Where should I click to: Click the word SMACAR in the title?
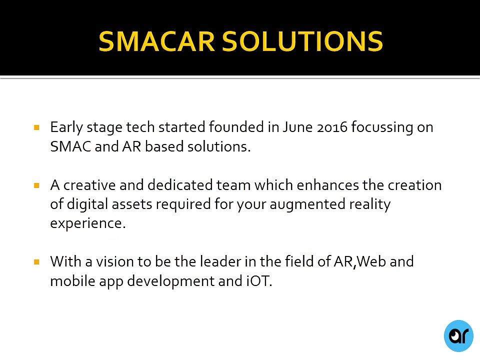156,41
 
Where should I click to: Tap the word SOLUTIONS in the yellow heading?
302,41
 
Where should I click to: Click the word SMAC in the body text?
70,146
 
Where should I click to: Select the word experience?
88,223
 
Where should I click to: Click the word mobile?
72,280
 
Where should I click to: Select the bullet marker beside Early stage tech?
36,127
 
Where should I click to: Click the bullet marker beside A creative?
36,185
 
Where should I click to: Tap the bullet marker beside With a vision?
36,261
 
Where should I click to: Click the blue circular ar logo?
458,336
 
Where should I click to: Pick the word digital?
87,204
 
